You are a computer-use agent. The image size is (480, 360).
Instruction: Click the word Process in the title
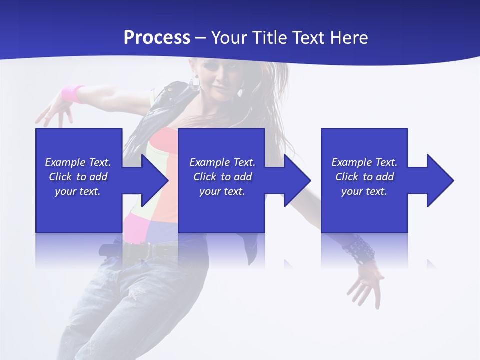(157, 38)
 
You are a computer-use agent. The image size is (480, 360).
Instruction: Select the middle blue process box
(221, 210)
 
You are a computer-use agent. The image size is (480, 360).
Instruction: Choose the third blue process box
(364, 210)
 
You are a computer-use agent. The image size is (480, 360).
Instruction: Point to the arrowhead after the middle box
(295, 180)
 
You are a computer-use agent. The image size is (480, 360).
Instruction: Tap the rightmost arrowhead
(438, 180)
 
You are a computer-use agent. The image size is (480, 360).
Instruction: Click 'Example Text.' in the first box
(78, 162)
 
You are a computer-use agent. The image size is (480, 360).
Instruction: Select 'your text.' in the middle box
(222, 191)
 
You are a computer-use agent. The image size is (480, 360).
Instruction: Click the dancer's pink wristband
(73, 93)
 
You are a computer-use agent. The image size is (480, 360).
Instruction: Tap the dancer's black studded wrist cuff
(359, 248)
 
